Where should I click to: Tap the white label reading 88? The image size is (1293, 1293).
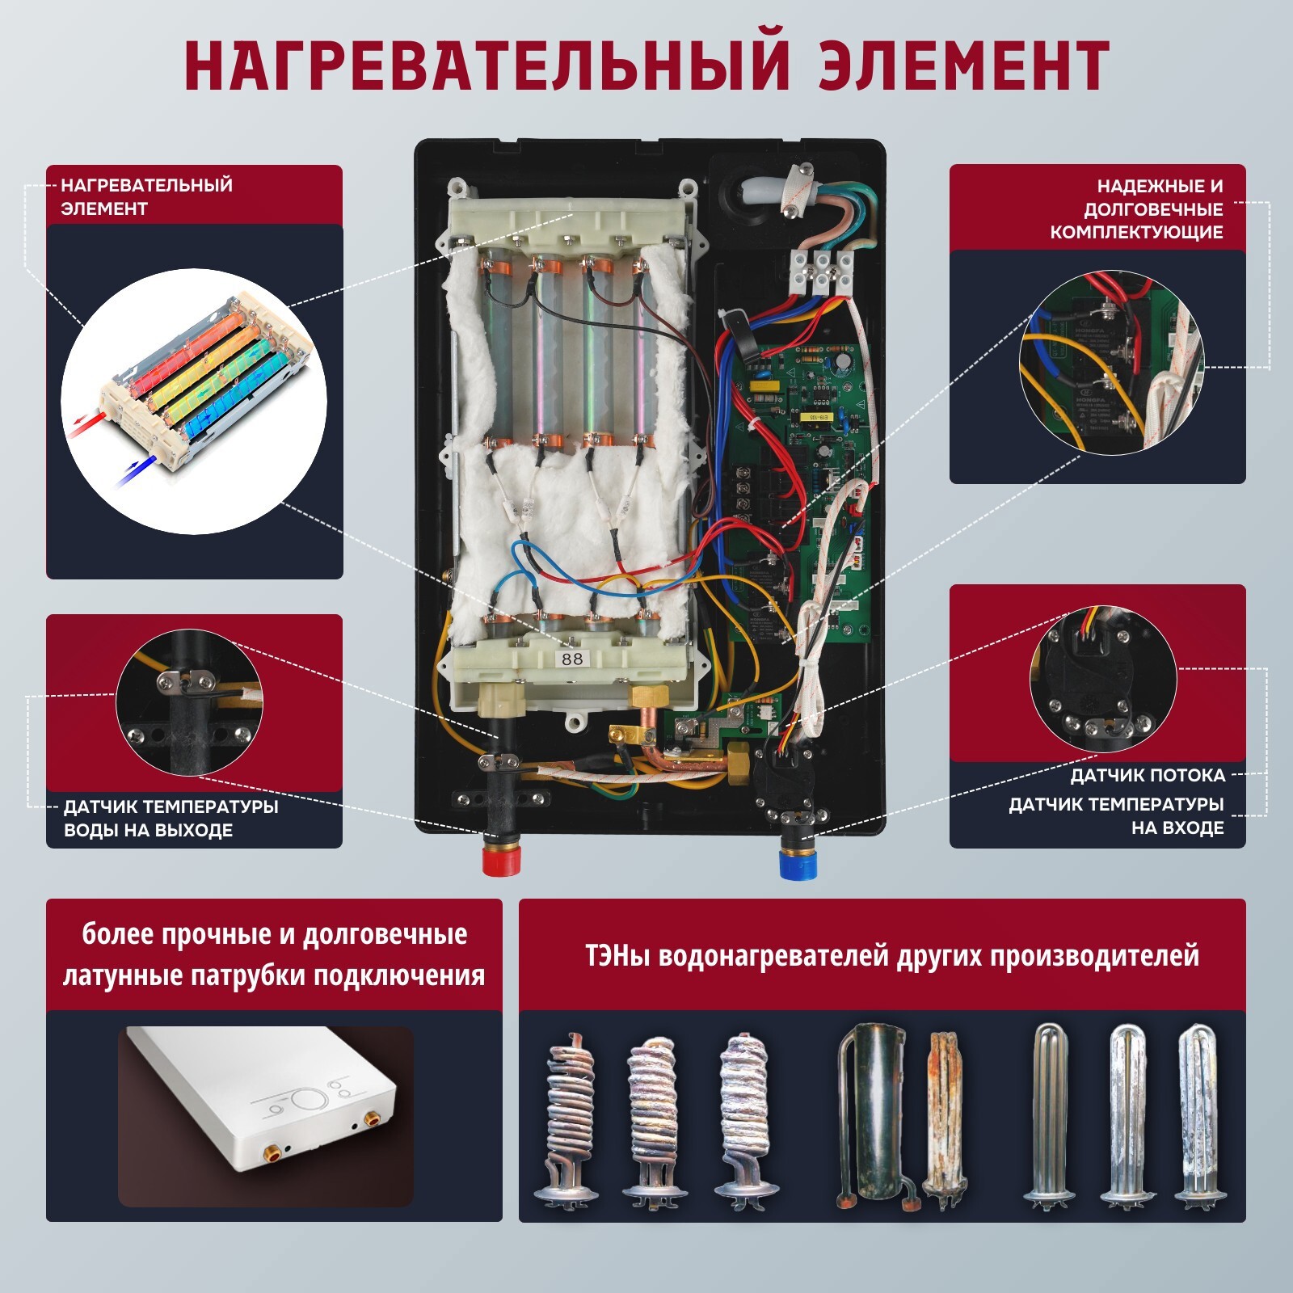tap(572, 659)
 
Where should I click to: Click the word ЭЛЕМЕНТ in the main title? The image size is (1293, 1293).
tap(962, 65)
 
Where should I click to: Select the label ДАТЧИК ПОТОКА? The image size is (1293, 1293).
tap(1148, 776)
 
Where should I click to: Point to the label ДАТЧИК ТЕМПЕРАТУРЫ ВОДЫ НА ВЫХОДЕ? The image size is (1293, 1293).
tap(171, 819)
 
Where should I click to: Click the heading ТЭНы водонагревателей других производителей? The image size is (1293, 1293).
tap(891, 956)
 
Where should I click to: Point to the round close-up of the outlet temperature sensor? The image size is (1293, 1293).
tap(190, 704)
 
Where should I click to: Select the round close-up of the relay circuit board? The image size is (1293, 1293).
tap(1111, 360)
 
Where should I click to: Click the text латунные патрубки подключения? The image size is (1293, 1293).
tap(274, 975)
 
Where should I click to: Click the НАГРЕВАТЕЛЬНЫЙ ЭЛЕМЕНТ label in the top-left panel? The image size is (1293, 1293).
tap(146, 196)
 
